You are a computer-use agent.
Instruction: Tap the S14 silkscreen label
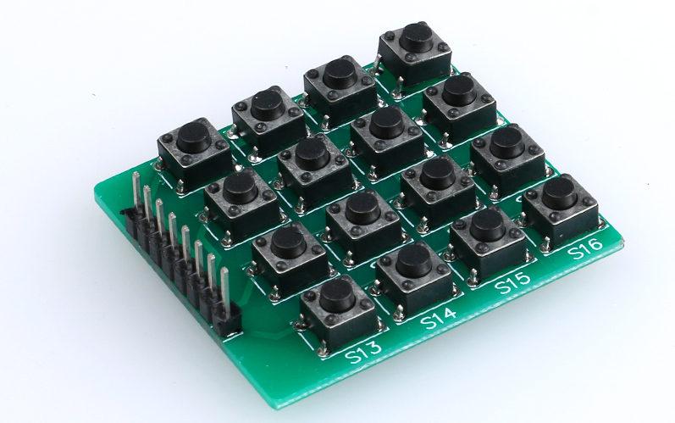(438, 317)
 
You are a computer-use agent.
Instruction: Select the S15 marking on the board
(512, 282)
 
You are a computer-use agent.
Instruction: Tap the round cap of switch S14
(413, 258)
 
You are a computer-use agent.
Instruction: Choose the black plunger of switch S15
(487, 222)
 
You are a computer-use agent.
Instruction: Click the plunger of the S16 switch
(559, 192)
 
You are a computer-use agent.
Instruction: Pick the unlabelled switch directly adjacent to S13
(289, 243)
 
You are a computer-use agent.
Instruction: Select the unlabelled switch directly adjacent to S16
(506, 141)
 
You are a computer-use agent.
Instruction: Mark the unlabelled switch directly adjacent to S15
(437, 172)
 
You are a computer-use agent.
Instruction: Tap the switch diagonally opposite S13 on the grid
(414, 37)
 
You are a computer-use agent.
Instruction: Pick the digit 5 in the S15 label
(524, 278)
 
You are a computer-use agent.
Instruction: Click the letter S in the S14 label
(426, 322)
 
